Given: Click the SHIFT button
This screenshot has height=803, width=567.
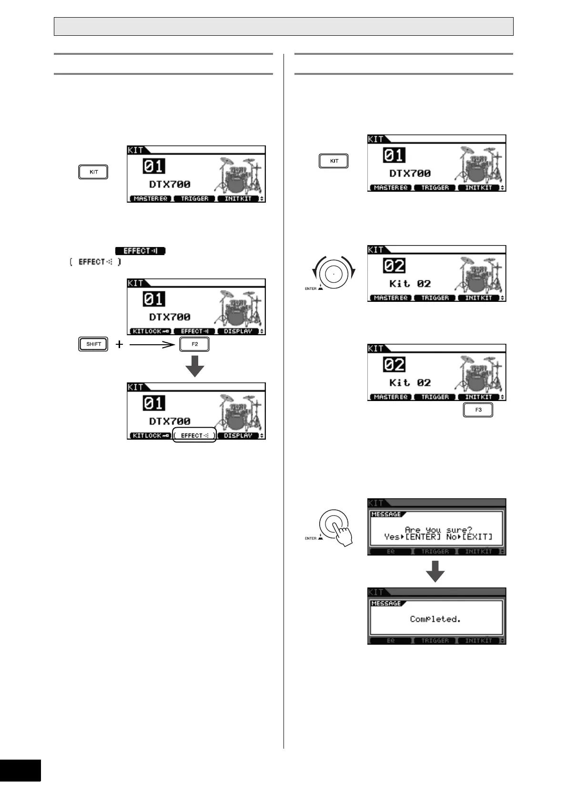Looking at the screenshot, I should tap(93, 344).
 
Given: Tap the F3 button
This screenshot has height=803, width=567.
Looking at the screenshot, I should tap(478, 410).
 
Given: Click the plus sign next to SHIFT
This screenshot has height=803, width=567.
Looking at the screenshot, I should tap(119, 344).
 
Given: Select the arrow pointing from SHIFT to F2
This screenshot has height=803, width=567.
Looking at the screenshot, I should tap(152, 344).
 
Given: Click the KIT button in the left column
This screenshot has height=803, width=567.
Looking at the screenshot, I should tap(93, 172).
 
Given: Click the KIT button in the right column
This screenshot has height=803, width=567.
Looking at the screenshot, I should tap(334, 161).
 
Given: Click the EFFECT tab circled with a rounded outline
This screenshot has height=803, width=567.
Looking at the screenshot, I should tap(194, 435).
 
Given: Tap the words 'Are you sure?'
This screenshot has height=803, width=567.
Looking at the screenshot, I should tap(438, 530).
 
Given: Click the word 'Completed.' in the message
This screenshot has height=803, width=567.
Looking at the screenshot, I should tap(435, 619).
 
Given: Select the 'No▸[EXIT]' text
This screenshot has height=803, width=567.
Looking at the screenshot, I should tap(469, 537).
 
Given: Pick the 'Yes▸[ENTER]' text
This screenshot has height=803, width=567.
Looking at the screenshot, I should tap(412, 537).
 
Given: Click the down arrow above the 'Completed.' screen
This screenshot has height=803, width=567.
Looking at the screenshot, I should tap(435, 571).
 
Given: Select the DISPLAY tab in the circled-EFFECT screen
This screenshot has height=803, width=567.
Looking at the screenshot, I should tap(238, 435).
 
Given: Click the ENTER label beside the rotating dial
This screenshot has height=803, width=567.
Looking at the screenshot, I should tap(311, 288).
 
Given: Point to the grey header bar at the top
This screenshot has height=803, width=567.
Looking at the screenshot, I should tap(283, 27).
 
